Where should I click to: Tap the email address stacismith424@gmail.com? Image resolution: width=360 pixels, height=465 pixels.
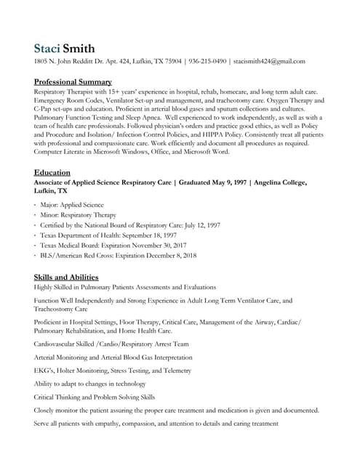(x=269, y=62)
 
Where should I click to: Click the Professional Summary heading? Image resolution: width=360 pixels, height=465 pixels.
(x=73, y=82)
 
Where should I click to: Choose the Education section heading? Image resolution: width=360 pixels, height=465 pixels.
(x=52, y=172)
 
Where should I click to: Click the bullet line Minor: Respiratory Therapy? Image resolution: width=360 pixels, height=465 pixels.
(x=79, y=216)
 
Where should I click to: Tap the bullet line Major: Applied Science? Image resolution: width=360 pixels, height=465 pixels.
(x=73, y=206)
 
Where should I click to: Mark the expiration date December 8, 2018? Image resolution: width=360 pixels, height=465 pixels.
(x=169, y=256)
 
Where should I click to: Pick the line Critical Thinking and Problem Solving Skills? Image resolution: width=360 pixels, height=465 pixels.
(x=95, y=397)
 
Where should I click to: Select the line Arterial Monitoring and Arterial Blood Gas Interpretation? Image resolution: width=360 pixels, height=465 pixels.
(x=113, y=357)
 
